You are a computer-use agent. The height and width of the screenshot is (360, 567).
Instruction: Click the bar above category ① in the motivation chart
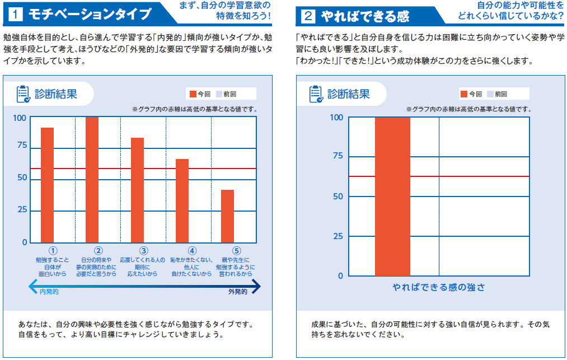pyautogui.click(x=47, y=185)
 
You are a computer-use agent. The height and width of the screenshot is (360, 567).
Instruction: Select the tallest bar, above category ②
pyautogui.click(x=92, y=179)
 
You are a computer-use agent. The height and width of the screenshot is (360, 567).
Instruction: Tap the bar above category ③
pyautogui.click(x=137, y=190)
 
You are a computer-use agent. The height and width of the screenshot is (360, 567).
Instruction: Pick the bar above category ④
pyautogui.click(x=182, y=200)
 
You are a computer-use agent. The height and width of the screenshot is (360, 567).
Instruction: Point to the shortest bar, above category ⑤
pyautogui.click(x=227, y=216)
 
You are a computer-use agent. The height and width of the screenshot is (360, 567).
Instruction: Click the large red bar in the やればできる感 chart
pyautogui.click(x=392, y=196)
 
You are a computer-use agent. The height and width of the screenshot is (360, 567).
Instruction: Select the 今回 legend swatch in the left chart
pyautogui.click(x=193, y=94)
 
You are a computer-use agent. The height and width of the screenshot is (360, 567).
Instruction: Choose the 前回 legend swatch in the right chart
pyautogui.click(x=490, y=94)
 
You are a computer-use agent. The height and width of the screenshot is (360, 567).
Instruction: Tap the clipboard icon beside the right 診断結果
pyautogui.click(x=316, y=94)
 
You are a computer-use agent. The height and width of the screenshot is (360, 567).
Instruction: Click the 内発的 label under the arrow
pyautogui.click(x=49, y=292)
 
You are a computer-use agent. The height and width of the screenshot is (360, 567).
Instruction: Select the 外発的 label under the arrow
pyautogui.click(x=237, y=292)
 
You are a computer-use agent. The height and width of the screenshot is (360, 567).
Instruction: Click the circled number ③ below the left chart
pyautogui.click(x=143, y=251)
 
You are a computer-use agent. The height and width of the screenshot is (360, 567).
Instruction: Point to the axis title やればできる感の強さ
pyautogui.click(x=439, y=287)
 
